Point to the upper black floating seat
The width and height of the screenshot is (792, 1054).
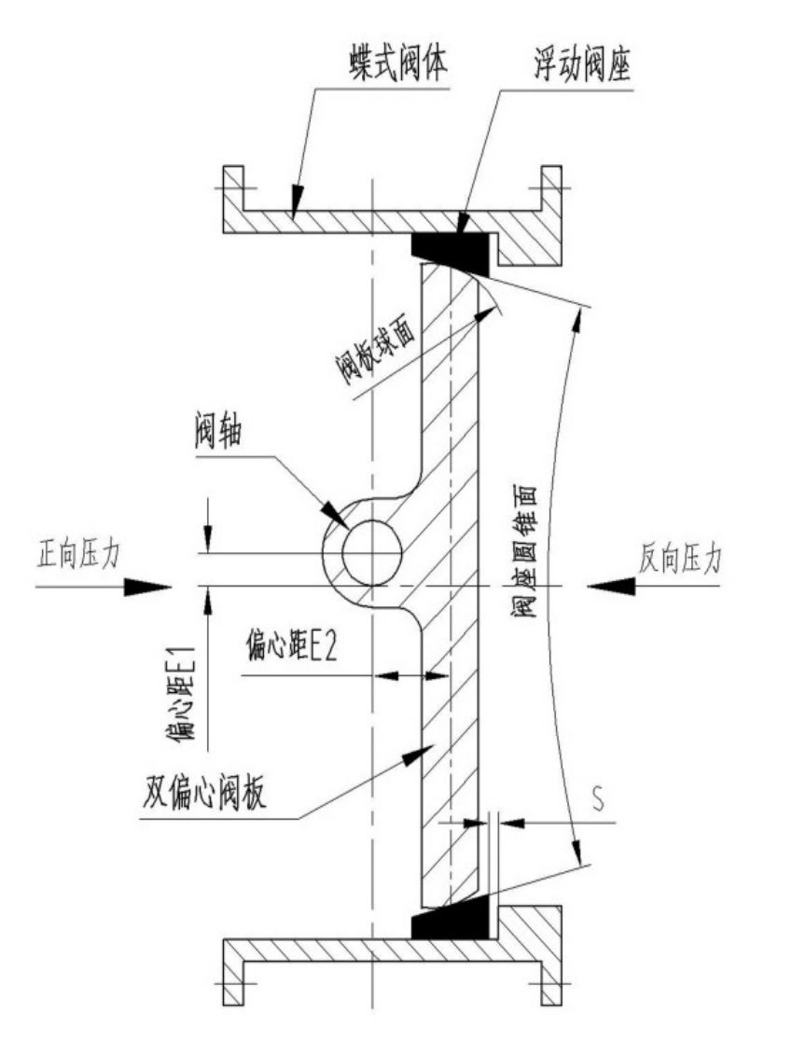coord(451,246)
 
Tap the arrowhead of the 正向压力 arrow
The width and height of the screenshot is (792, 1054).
coord(149,587)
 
